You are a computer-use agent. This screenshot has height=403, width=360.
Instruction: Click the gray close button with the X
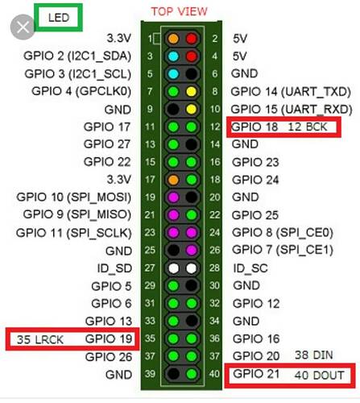(23, 27)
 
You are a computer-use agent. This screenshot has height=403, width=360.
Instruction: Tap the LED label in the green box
(59, 18)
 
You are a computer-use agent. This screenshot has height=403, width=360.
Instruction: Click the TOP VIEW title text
(179, 11)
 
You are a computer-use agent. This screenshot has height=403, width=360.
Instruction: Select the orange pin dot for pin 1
(173, 39)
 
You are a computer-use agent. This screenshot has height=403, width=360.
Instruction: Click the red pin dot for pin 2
(192, 39)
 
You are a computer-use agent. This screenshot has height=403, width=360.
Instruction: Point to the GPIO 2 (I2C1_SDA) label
(77, 56)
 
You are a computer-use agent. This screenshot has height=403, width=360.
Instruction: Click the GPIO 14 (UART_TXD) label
(291, 92)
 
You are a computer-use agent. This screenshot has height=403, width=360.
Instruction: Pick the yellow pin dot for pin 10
(192, 110)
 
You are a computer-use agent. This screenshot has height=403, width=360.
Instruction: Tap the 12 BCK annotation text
(308, 127)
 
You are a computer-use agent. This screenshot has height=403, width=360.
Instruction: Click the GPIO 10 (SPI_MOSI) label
(74, 197)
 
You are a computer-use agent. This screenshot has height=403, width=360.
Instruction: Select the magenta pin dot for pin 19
(173, 197)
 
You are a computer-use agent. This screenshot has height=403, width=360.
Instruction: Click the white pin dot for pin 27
(173, 268)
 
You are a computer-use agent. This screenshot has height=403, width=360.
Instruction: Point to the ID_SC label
(250, 268)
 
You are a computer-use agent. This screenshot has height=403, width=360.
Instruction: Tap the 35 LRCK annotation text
(40, 340)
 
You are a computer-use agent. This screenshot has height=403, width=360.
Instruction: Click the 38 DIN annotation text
(314, 355)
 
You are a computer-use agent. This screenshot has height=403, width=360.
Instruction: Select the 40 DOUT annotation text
(319, 376)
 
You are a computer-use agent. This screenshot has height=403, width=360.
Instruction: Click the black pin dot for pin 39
(173, 374)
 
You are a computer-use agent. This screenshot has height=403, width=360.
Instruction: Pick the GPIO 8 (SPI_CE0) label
(283, 233)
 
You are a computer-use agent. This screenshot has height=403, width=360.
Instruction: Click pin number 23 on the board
(150, 233)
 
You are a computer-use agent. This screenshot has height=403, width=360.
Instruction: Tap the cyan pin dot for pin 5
(173, 74)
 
